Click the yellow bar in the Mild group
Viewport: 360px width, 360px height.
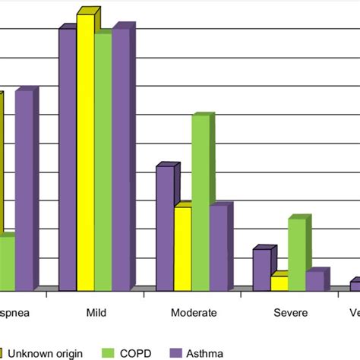tap(85, 152)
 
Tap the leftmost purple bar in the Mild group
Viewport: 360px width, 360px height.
tap(68, 159)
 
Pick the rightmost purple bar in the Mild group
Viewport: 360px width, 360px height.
tap(120, 159)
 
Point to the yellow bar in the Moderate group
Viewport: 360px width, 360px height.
tap(182, 248)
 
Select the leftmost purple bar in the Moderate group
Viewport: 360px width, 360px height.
tap(165, 228)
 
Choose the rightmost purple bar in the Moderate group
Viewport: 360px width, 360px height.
tap(218, 248)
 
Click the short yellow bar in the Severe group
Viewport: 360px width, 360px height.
tap(279, 283)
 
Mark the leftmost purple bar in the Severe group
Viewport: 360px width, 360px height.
tap(261, 270)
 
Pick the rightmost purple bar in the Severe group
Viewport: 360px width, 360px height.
tap(314, 280)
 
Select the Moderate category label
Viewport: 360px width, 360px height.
tap(194, 312)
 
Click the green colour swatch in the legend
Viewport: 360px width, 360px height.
tap(107, 352)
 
